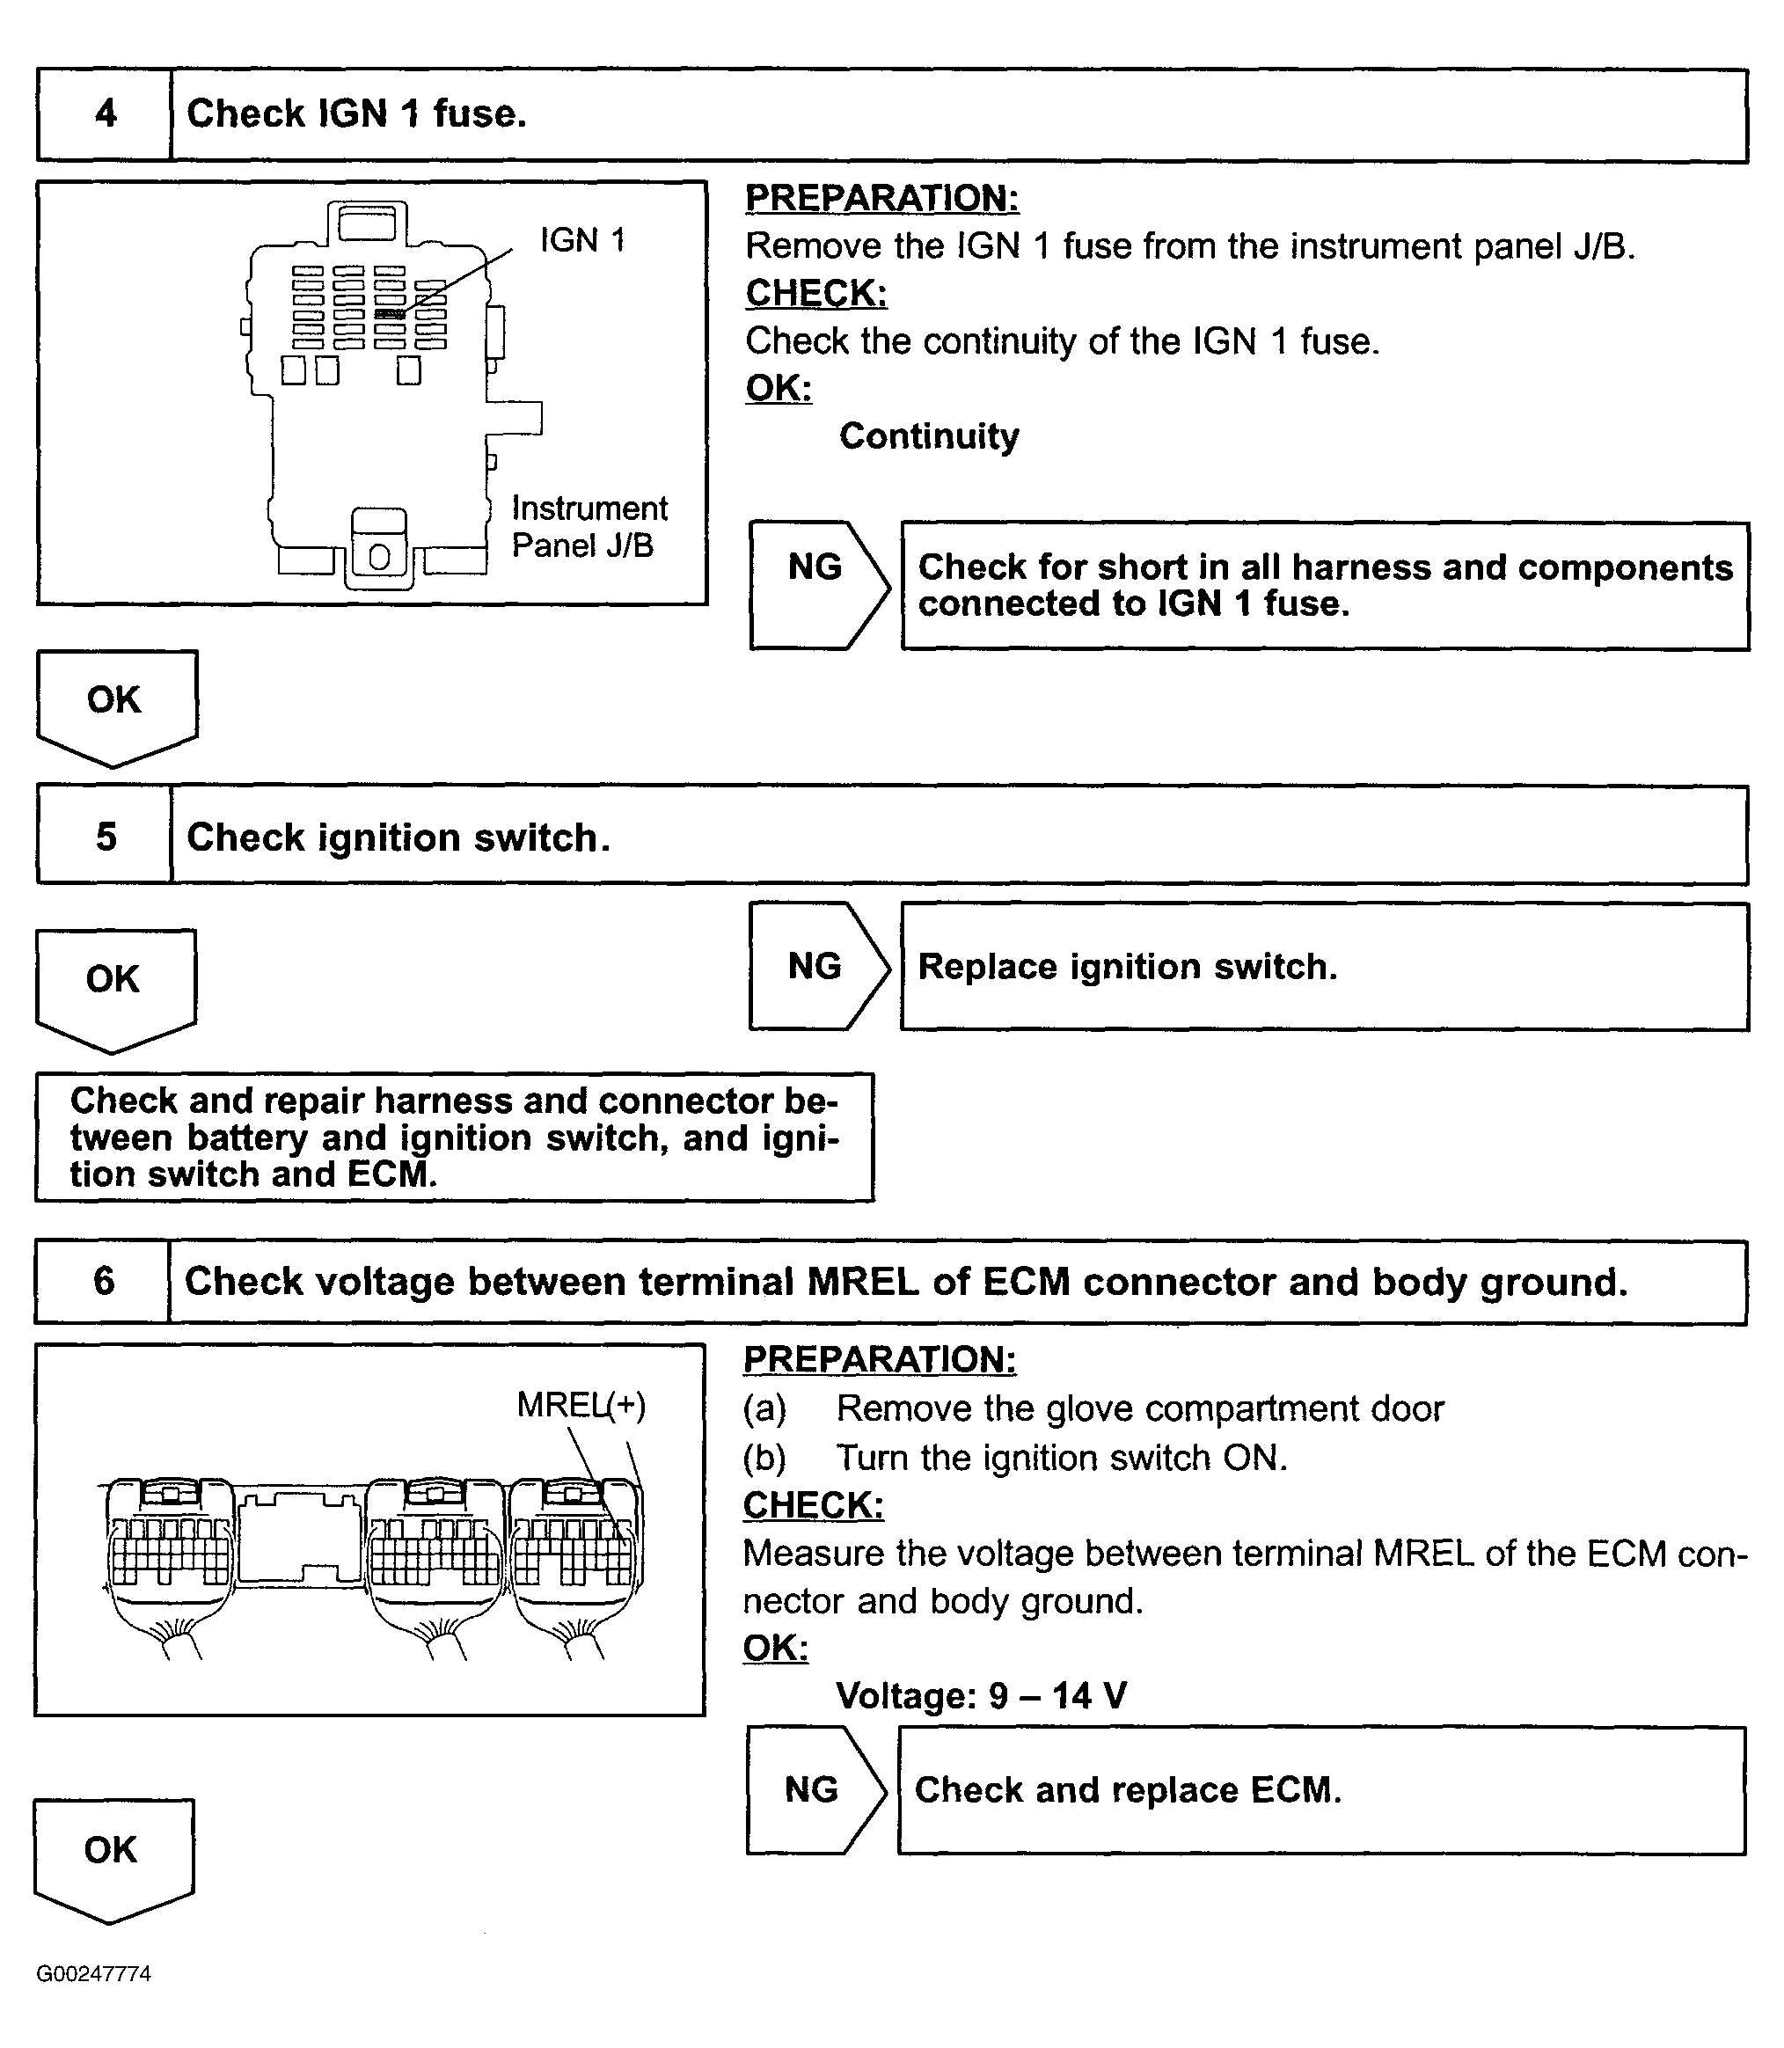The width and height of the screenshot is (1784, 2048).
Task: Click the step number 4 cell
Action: coord(105,114)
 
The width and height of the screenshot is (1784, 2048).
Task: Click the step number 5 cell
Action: coord(105,837)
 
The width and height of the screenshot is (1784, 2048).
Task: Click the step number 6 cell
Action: coord(103,1282)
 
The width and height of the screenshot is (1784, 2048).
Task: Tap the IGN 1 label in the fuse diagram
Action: coord(582,240)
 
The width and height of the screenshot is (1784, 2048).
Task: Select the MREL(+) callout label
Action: coord(581,1405)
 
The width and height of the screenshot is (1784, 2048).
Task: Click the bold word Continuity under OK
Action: coord(929,436)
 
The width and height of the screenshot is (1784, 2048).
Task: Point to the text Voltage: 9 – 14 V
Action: coord(981,1694)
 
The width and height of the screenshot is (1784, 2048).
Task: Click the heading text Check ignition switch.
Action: coord(398,837)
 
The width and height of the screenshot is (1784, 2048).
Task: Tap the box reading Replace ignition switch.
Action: coord(1324,966)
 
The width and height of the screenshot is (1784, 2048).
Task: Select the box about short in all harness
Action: coord(1324,585)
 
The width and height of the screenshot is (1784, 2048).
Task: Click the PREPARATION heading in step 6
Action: coord(879,1359)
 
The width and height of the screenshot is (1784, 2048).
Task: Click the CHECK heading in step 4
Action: coord(815,293)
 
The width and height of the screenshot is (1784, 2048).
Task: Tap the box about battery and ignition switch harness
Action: coord(454,1137)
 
